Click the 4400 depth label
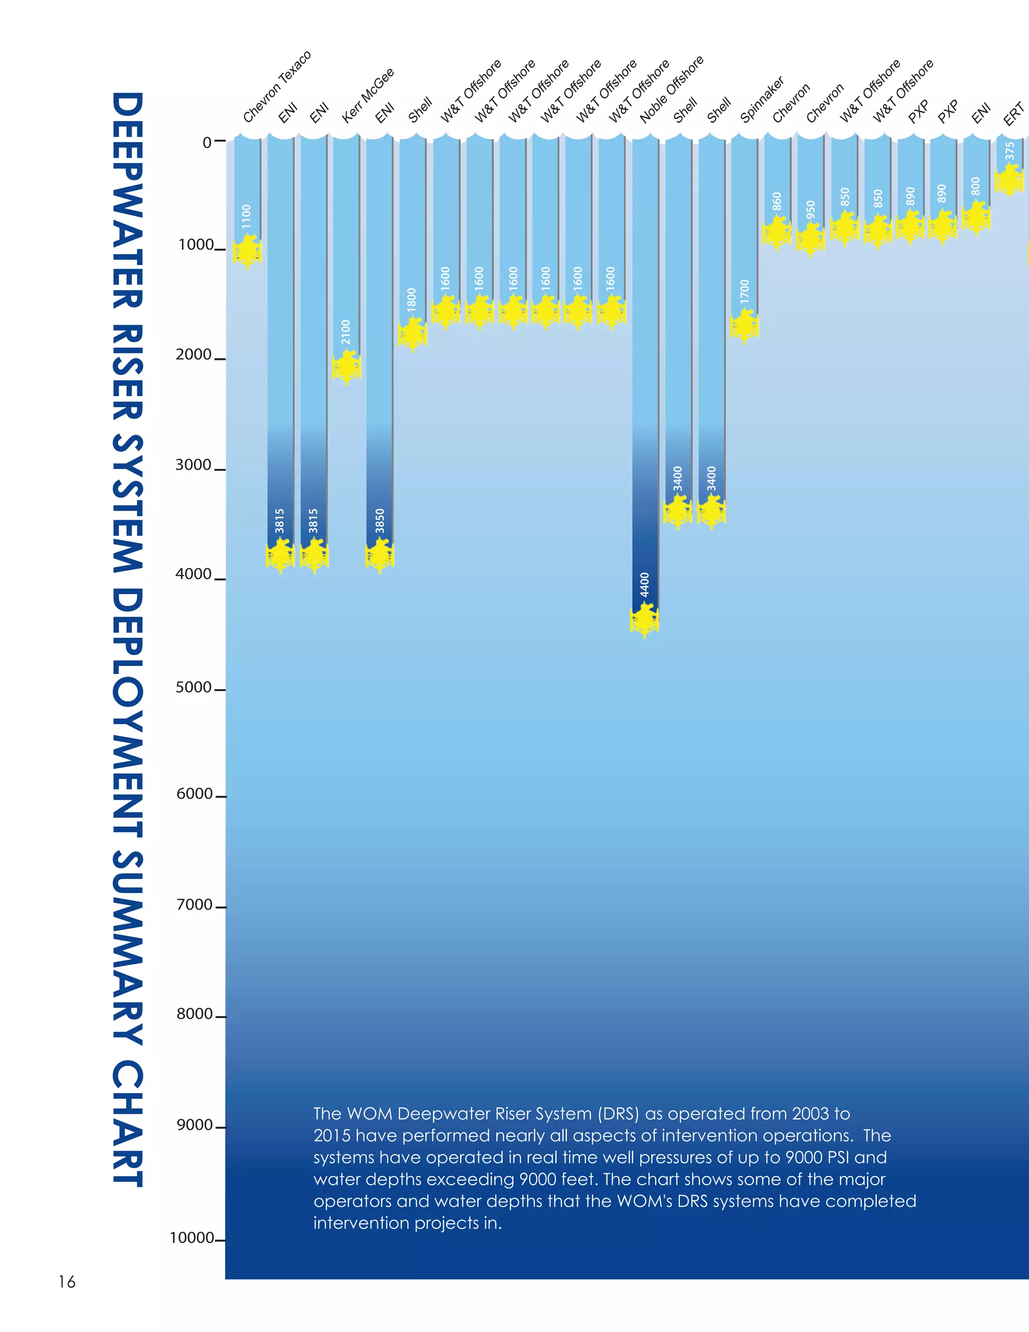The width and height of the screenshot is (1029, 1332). click(644, 584)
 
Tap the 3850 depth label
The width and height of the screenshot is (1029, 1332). click(380, 520)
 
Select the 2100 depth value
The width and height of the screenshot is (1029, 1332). click(346, 332)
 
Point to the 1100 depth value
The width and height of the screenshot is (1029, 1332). click(246, 217)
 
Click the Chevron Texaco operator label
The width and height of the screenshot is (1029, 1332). click(277, 86)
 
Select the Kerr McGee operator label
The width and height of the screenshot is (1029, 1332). click(368, 95)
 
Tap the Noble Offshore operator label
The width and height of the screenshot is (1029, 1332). click(671, 89)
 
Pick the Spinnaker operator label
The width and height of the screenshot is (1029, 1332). click(762, 100)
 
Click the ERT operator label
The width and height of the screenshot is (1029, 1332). click(1013, 114)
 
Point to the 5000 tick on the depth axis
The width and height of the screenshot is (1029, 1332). click(193, 687)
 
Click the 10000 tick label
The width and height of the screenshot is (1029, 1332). click(191, 1238)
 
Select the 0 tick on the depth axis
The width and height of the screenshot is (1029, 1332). click(208, 142)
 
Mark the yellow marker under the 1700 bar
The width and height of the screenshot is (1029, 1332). click(744, 326)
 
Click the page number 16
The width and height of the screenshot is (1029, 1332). click(66, 1281)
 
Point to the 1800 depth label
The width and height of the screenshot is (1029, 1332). click(412, 300)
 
